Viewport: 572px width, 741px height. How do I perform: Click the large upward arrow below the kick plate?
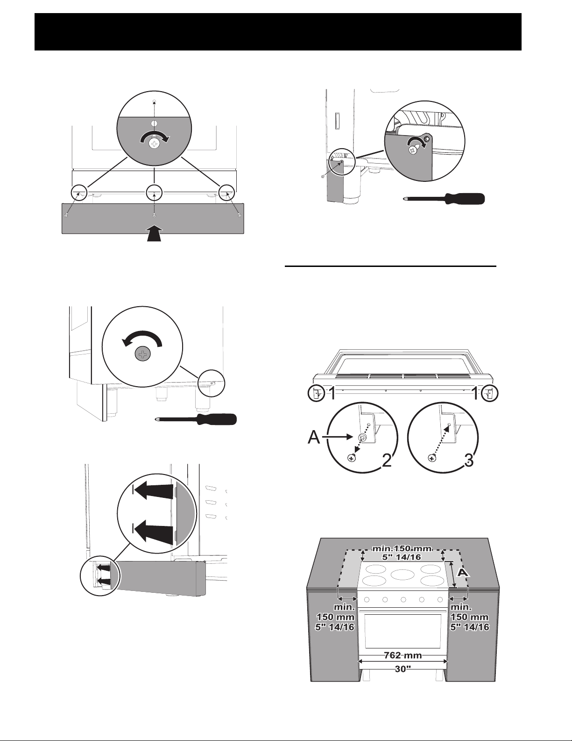click(x=154, y=233)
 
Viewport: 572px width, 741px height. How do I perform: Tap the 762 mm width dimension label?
click(x=403, y=655)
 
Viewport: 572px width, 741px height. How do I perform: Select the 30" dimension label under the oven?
click(x=403, y=669)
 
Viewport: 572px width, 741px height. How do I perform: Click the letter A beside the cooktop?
click(x=462, y=573)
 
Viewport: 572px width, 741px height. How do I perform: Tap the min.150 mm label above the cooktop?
click(x=403, y=548)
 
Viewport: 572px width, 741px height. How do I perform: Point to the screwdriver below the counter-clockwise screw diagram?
click(x=196, y=419)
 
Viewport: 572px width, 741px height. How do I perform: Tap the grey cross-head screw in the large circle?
click(x=142, y=354)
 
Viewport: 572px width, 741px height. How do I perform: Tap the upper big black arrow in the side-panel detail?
click(x=154, y=491)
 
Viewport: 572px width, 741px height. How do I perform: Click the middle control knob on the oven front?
click(x=403, y=600)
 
